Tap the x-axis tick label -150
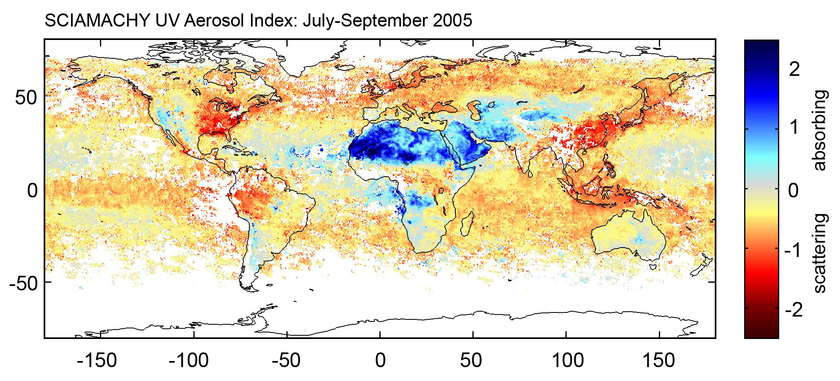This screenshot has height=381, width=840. pos(97,361)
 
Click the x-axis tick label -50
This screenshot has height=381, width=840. pos(287,361)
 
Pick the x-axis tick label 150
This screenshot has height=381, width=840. pos(659,361)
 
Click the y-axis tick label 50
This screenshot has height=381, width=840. pos(26,98)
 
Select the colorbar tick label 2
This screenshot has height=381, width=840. pos(794,69)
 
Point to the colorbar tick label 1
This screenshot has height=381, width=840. pos(794,127)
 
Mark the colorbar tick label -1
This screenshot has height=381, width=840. pos(793,250)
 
